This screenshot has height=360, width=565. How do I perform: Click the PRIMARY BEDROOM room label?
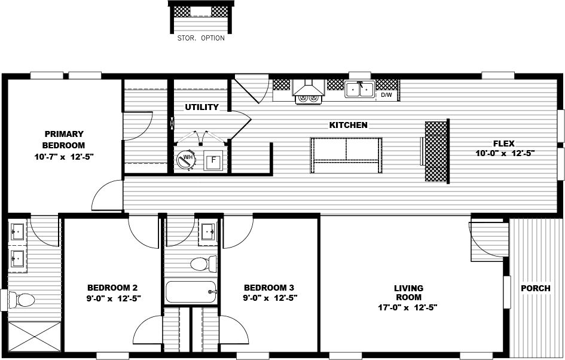(x=63, y=139)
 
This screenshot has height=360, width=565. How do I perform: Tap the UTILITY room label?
(x=201, y=108)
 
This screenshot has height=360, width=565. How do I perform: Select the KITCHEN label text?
(x=349, y=125)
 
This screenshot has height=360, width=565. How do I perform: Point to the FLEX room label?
(x=504, y=144)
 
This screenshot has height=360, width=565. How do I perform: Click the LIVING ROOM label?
(x=408, y=293)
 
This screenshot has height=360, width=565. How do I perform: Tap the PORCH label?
(x=536, y=288)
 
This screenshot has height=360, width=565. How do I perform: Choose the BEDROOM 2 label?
(x=113, y=286)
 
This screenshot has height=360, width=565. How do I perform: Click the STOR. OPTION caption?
(x=201, y=38)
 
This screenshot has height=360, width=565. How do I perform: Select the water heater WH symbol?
(x=187, y=158)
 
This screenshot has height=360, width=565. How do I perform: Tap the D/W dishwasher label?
(x=387, y=94)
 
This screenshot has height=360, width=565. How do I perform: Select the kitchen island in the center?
(x=346, y=155)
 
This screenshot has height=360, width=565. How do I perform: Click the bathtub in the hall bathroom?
(x=191, y=291)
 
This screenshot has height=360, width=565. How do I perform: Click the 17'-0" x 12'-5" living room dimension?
(x=408, y=308)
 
